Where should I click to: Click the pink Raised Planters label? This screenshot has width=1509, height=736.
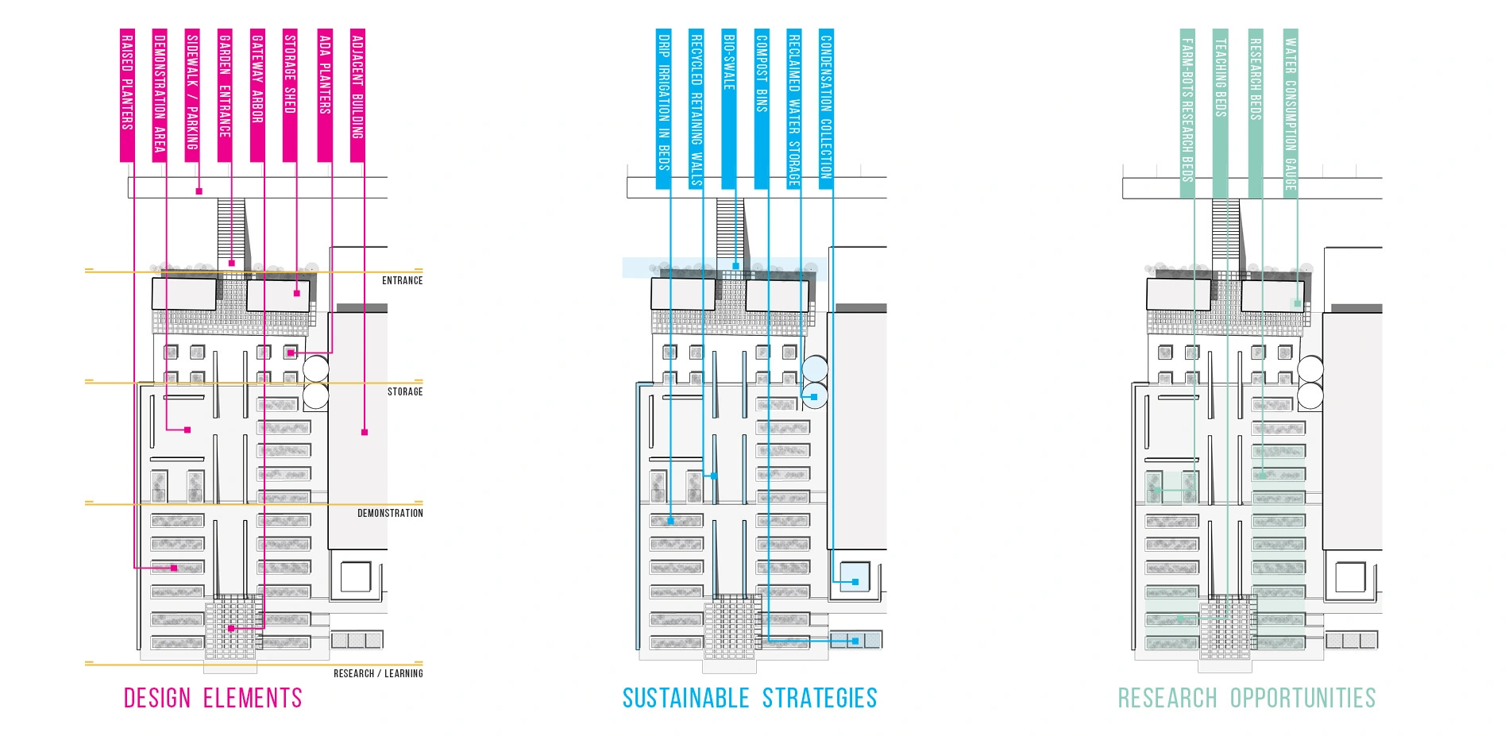point(127,95)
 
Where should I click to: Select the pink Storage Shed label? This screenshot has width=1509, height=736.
point(290,95)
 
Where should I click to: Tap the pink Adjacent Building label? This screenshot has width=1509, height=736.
point(357,95)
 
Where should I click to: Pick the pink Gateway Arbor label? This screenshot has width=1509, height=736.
point(257,95)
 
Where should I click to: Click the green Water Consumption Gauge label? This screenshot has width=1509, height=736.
point(1291,111)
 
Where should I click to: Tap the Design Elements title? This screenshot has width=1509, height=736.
point(213,698)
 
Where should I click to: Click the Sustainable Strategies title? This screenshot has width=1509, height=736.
point(750,698)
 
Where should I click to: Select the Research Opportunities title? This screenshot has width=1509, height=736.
point(1247,698)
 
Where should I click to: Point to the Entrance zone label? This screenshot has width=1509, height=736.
point(402,280)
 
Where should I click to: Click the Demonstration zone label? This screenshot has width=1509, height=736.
point(390,513)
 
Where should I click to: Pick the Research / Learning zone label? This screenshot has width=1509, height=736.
point(378,673)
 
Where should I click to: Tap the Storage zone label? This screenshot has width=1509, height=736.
point(405,391)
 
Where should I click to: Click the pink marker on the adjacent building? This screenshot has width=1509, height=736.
point(365,432)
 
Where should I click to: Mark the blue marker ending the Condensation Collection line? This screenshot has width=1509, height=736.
point(855,582)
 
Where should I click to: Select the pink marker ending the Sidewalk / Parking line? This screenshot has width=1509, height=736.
point(199,191)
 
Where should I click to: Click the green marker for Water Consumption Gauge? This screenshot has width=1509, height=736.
point(1297,303)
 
